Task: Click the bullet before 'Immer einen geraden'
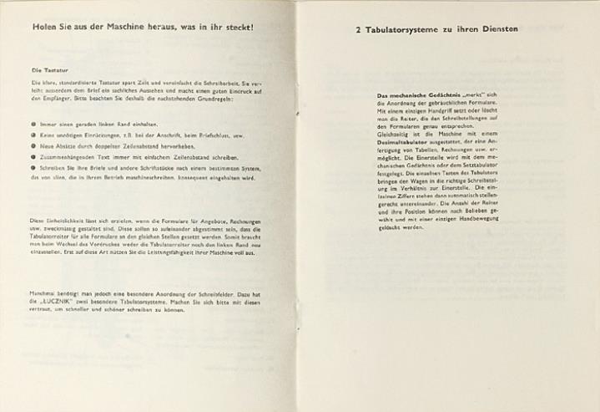click(33, 124)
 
